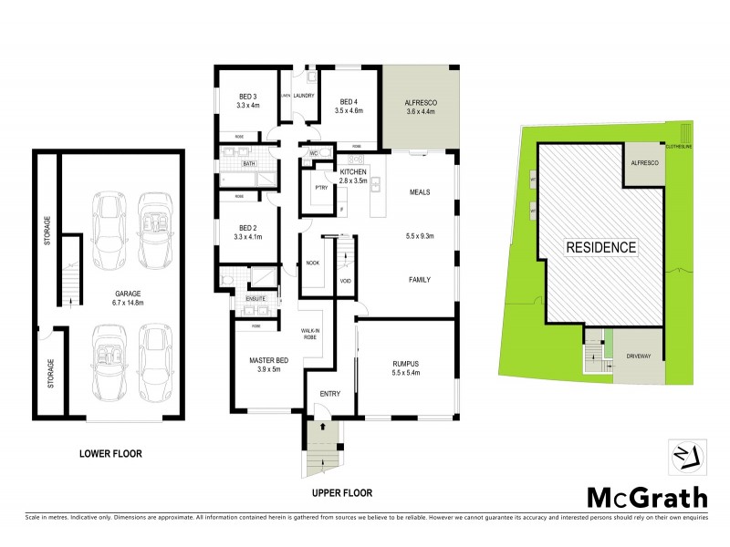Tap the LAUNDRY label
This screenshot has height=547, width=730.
(x=304, y=96)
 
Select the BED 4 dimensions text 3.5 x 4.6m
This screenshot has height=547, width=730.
(x=349, y=110)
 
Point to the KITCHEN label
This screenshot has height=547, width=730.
(x=353, y=171)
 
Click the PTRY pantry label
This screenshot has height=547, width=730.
(x=320, y=187)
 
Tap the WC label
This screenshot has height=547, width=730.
(x=314, y=153)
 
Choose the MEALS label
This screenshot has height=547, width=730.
(x=420, y=192)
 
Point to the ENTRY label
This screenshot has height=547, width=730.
(x=329, y=395)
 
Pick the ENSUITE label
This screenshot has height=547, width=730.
(x=256, y=298)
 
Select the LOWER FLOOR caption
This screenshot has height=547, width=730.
(x=110, y=453)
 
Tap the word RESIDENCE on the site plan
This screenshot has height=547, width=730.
(x=601, y=247)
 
